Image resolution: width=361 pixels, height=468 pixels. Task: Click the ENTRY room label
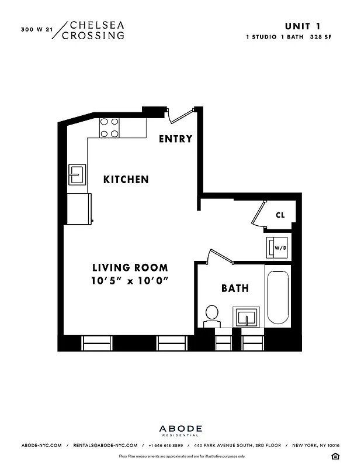click(x=175, y=139)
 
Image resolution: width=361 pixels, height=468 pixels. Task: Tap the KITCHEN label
click(x=126, y=179)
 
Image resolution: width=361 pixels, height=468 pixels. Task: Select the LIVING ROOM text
click(x=129, y=268)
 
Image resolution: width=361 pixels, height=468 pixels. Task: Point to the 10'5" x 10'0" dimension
click(x=129, y=280)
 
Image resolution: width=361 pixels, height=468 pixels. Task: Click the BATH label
click(x=235, y=288)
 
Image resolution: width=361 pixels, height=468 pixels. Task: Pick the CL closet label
click(x=280, y=215)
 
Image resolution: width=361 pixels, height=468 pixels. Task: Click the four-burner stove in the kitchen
click(x=110, y=128)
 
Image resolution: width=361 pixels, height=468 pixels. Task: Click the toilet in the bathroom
click(x=211, y=316)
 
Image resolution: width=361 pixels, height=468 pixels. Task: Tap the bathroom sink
click(x=248, y=318)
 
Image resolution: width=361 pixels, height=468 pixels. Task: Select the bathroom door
click(x=220, y=256)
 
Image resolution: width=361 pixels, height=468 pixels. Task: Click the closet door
click(x=258, y=214)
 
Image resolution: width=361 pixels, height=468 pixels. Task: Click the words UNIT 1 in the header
click(x=302, y=26)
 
